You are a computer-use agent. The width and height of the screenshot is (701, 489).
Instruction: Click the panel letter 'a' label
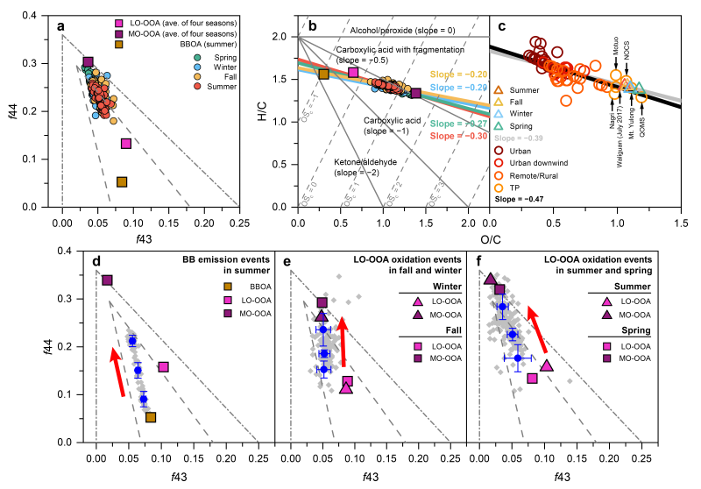[60, 25]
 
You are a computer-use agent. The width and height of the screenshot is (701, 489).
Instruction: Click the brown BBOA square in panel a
[122, 181]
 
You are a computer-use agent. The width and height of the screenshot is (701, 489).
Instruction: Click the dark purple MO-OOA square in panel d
[107, 280]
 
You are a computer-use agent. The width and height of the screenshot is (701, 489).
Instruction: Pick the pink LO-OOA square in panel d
[163, 367]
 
